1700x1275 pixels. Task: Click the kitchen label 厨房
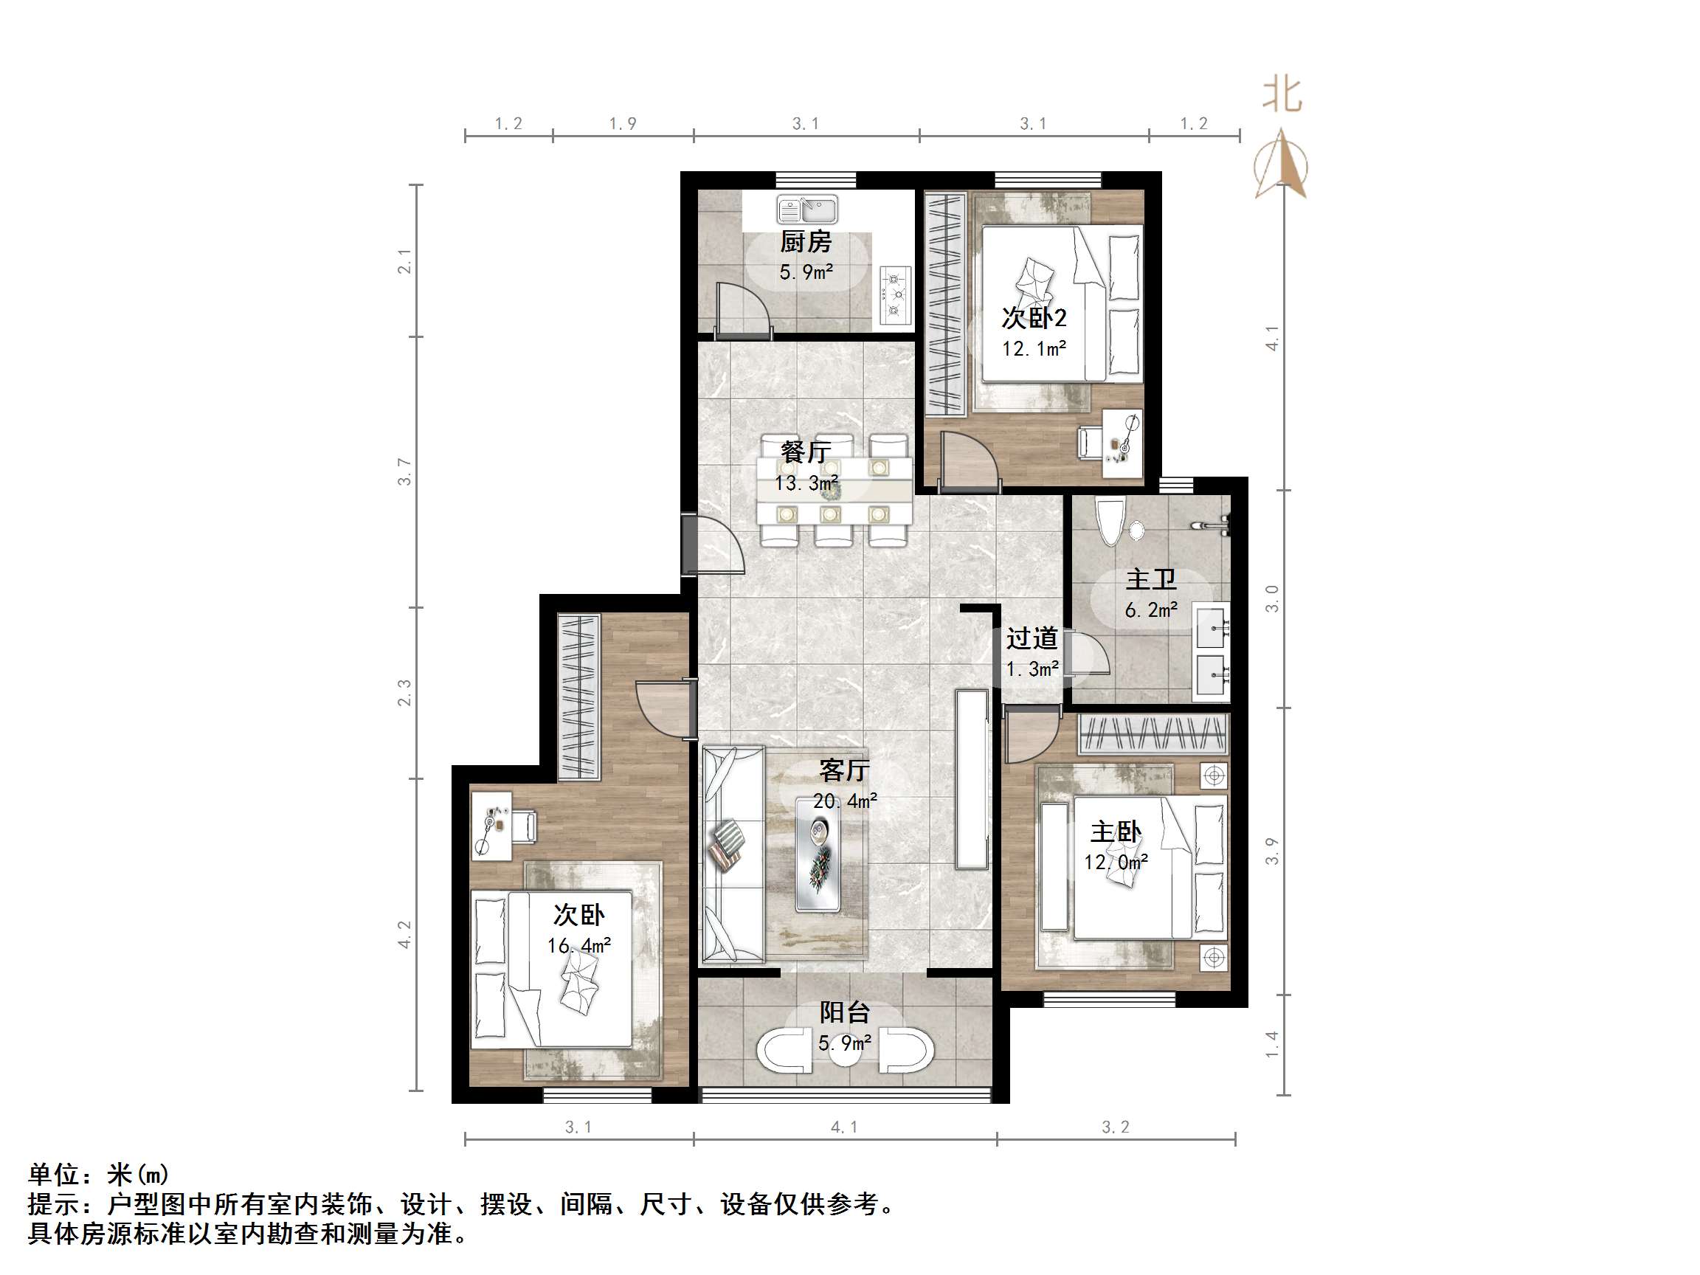806,242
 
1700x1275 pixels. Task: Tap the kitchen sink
807,209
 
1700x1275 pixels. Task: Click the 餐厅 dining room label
806,451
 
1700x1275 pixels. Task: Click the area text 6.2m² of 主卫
1151,610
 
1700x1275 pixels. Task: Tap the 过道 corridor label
1032,638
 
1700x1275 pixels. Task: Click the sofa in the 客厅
733,854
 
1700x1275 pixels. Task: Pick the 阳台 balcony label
845,1012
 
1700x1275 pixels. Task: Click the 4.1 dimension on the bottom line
844,1127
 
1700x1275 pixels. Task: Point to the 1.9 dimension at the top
623,124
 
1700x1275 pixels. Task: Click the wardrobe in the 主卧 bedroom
1153,733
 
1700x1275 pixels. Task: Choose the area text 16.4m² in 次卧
578,945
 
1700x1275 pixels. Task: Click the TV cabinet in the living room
972,779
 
